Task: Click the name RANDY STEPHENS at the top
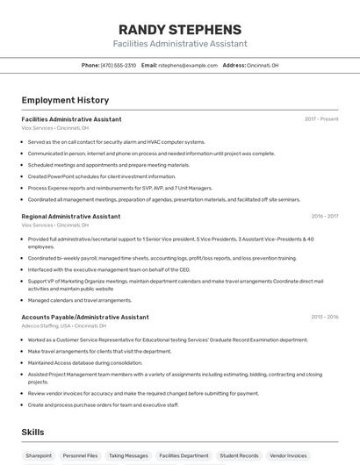[x=179, y=29]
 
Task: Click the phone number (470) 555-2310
[x=119, y=65]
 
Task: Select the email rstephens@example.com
[x=187, y=65]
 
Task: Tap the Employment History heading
[x=65, y=100]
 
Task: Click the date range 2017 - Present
[x=321, y=119]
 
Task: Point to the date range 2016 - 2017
[x=324, y=216]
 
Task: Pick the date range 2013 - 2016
[x=324, y=317]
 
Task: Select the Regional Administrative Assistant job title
[x=71, y=216]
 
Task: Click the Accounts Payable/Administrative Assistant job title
[x=85, y=317]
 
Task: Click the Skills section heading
[x=33, y=433]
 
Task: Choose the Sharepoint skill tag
[x=39, y=455]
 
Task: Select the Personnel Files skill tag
[x=80, y=455]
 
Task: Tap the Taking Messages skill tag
[x=128, y=455]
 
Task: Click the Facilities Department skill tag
[x=184, y=455]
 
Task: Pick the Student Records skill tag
[x=239, y=455]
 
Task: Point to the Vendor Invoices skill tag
[x=288, y=455]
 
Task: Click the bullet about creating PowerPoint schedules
[x=90, y=176]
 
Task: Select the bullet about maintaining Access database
[x=85, y=362]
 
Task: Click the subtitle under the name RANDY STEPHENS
[x=179, y=44]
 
